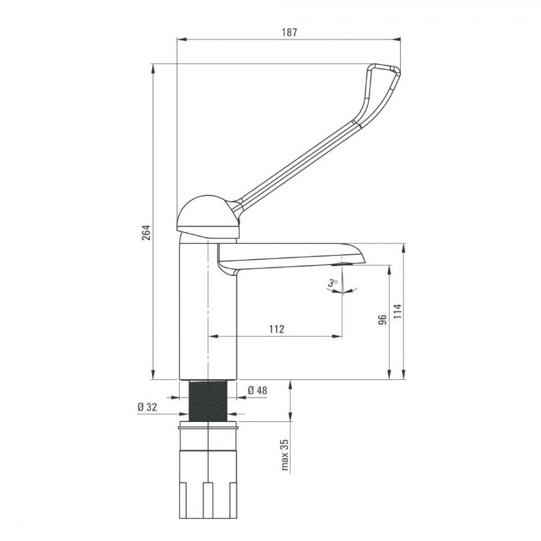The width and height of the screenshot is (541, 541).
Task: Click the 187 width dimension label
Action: click(x=289, y=32)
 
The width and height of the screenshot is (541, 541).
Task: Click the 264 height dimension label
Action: click(x=146, y=233)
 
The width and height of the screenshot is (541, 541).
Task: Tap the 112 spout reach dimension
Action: click(x=277, y=329)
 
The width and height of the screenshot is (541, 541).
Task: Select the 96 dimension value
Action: click(x=382, y=320)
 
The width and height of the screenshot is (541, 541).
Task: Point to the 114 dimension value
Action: click(x=397, y=311)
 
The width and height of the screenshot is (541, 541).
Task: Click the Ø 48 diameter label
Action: click(x=257, y=390)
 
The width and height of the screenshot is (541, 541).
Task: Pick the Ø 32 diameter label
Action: click(x=147, y=407)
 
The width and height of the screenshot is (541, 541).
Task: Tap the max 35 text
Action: click(x=285, y=455)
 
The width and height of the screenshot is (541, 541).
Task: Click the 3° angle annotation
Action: click(x=333, y=283)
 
